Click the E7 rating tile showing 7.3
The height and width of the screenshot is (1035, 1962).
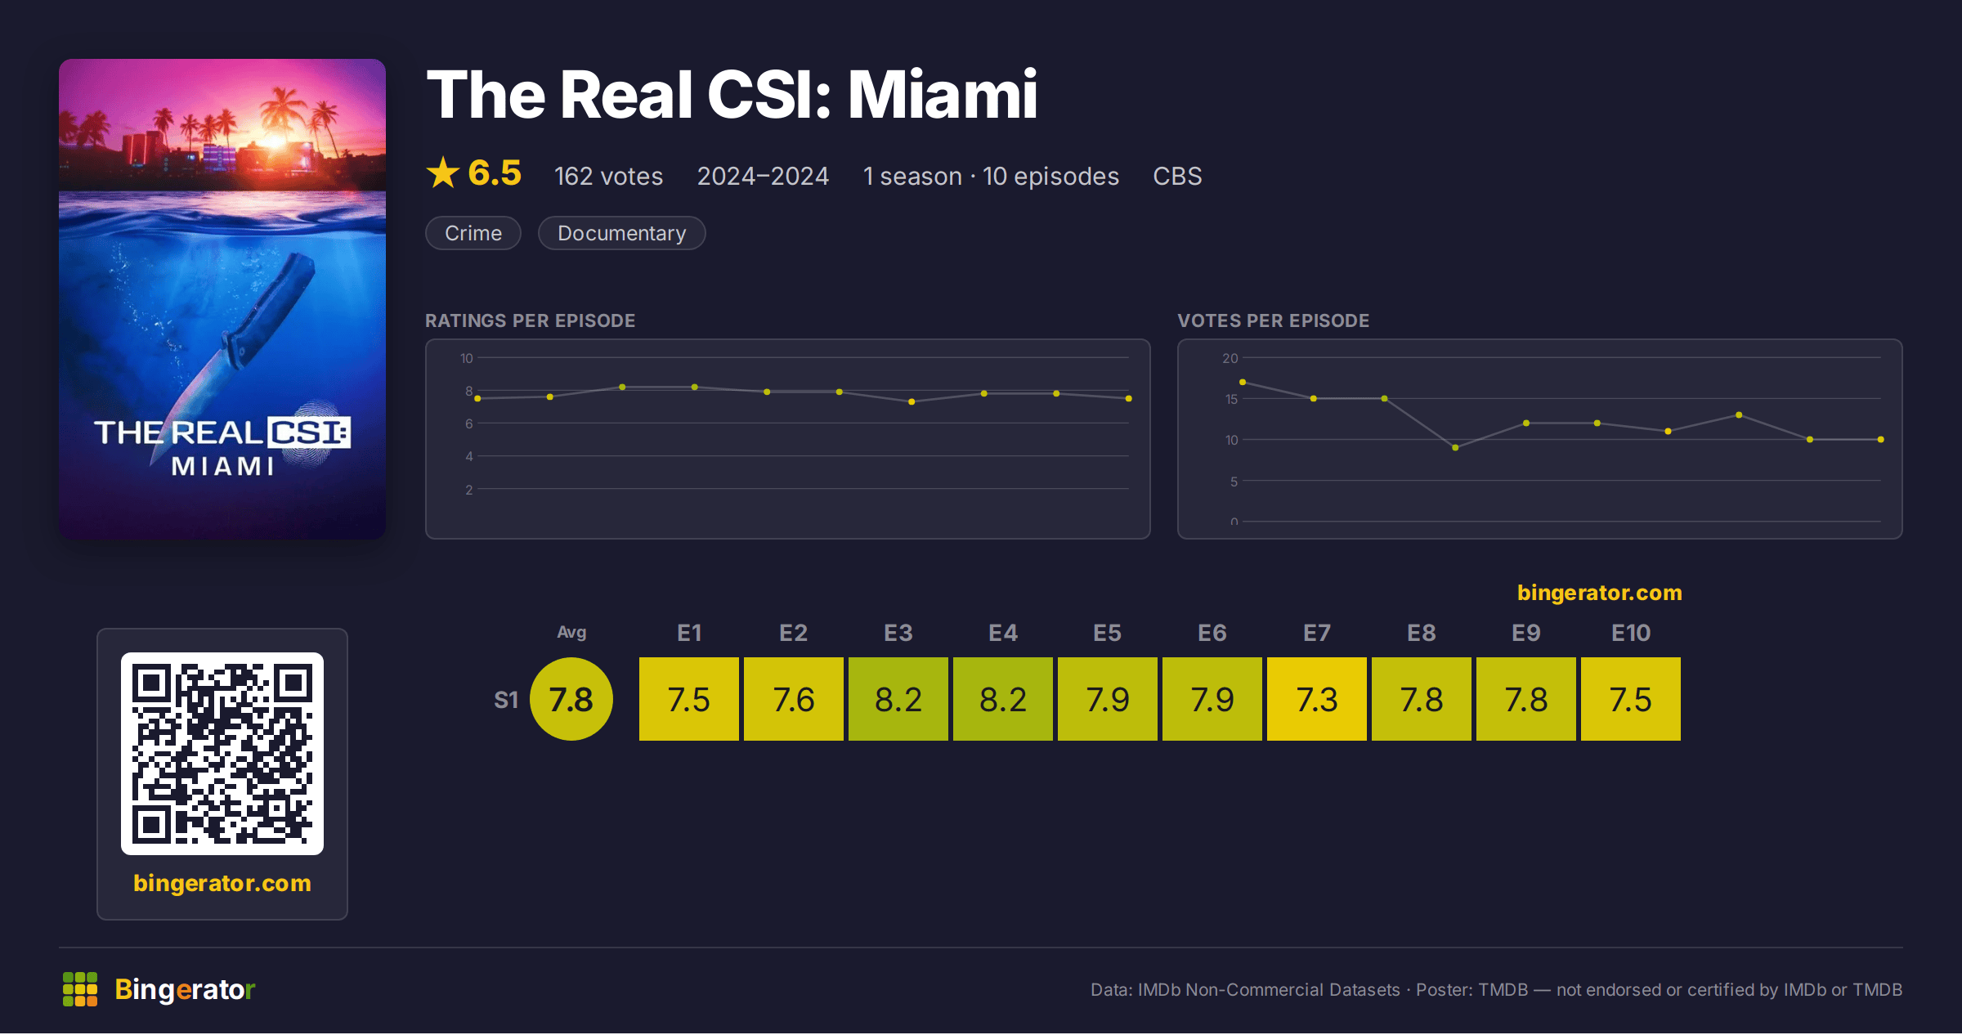[1317, 700]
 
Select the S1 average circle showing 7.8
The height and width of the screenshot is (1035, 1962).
[571, 700]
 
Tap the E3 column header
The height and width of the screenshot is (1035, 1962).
[898, 634]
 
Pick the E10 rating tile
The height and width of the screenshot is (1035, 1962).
[1631, 700]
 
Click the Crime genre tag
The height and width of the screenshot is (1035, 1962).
[473, 234]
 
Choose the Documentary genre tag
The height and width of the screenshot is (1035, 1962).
[622, 234]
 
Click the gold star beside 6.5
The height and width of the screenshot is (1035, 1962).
[443, 172]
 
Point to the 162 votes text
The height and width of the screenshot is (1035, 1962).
[609, 177]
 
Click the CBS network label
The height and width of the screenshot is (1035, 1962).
[1177, 177]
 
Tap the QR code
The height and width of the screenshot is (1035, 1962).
[222, 754]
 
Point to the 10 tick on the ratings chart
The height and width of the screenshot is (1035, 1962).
[467, 358]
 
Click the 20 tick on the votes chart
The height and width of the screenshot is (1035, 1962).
[1230, 358]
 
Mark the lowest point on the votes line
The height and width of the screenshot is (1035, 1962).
[1455, 448]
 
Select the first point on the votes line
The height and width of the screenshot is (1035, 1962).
[1243, 383]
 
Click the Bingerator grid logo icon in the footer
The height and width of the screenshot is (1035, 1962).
[80, 990]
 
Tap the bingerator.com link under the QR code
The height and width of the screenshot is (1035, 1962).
[222, 884]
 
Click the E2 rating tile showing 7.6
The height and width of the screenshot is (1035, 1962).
[794, 700]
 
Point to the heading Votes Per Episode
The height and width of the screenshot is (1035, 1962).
[1274, 320]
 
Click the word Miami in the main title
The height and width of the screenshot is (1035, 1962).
[943, 95]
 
